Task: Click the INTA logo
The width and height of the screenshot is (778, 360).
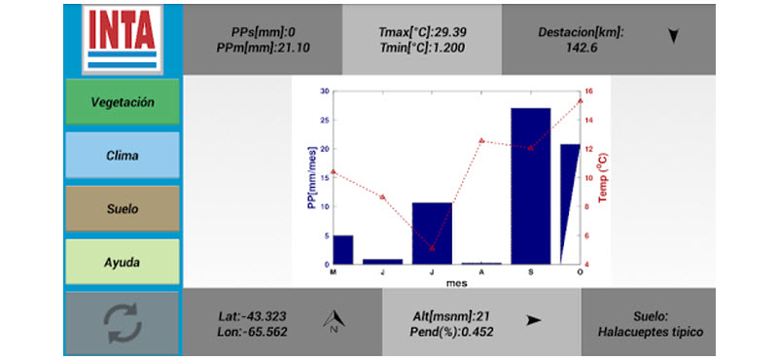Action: pyautogui.click(x=123, y=40)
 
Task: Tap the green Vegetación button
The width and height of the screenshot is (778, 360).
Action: pyautogui.click(x=123, y=102)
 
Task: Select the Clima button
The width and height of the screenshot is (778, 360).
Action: pyautogui.click(x=123, y=156)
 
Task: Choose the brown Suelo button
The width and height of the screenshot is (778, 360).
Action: pyautogui.click(x=123, y=209)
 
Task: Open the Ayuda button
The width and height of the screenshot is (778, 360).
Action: pyautogui.click(x=123, y=262)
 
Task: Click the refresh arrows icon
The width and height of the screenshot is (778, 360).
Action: pyautogui.click(x=123, y=323)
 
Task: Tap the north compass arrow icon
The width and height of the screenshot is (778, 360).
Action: pyautogui.click(x=334, y=322)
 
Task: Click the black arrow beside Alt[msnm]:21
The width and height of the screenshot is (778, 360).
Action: pyautogui.click(x=533, y=320)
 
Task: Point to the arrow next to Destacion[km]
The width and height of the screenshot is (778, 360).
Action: pyautogui.click(x=673, y=36)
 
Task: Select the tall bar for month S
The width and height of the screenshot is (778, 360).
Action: pyautogui.click(x=531, y=186)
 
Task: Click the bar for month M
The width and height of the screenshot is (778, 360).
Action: pyautogui.click(x=343, y=250)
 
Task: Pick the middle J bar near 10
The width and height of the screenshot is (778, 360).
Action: pyautogui.click(x=432, y=234)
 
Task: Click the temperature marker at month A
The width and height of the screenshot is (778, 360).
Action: pyautogui.click(x=481, y=140)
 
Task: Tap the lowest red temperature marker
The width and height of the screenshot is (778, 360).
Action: pyautogui.click(x=432, y=248)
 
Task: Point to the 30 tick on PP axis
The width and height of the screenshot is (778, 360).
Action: pyautogui.click(x=325, y=91)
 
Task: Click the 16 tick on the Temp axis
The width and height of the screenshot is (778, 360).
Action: pyautogui.click(x=589, y=91)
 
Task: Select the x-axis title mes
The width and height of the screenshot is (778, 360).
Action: pyautogui.click(x=456, y=284)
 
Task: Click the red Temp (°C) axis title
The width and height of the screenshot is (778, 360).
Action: pyautogui.click(x=603, y=177)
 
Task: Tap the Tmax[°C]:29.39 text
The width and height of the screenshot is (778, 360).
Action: pyautogui.click(x=422, y=32)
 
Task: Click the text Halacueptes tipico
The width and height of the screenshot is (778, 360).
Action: pyautogui.click(x=651, y=332)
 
